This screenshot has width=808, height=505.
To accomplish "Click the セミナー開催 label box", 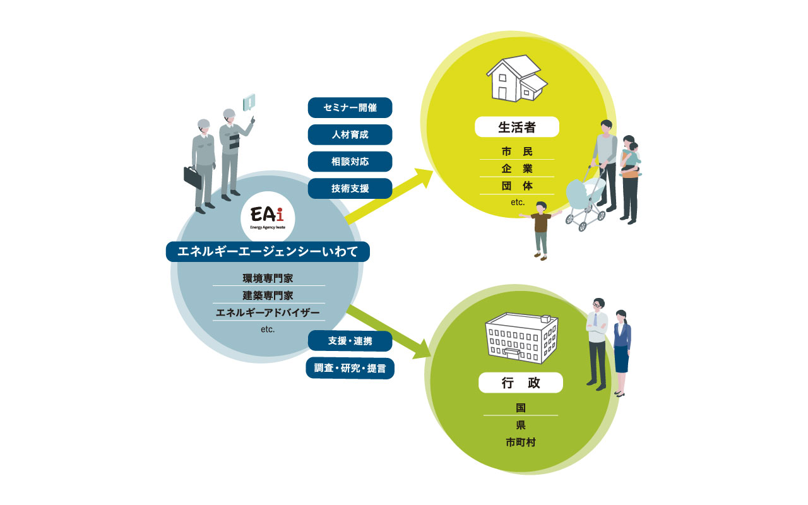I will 350,107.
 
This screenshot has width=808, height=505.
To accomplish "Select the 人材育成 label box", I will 350,134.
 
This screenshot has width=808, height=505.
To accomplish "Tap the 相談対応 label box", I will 350,162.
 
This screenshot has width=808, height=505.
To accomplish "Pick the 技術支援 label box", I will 350,188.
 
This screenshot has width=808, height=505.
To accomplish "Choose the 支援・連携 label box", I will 350,342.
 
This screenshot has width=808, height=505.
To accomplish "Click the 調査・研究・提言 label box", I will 350,368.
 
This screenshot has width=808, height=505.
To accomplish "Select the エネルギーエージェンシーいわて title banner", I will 268,252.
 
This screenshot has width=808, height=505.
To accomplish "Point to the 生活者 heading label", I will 517,128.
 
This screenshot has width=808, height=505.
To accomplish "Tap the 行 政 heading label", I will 520,383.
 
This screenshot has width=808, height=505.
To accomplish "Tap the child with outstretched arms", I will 541,229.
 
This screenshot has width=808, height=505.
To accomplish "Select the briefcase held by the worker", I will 193,177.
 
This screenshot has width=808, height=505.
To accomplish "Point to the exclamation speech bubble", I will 250,102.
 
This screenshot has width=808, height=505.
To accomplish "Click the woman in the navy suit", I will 621,351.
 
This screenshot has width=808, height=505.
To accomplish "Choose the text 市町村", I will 520,443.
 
